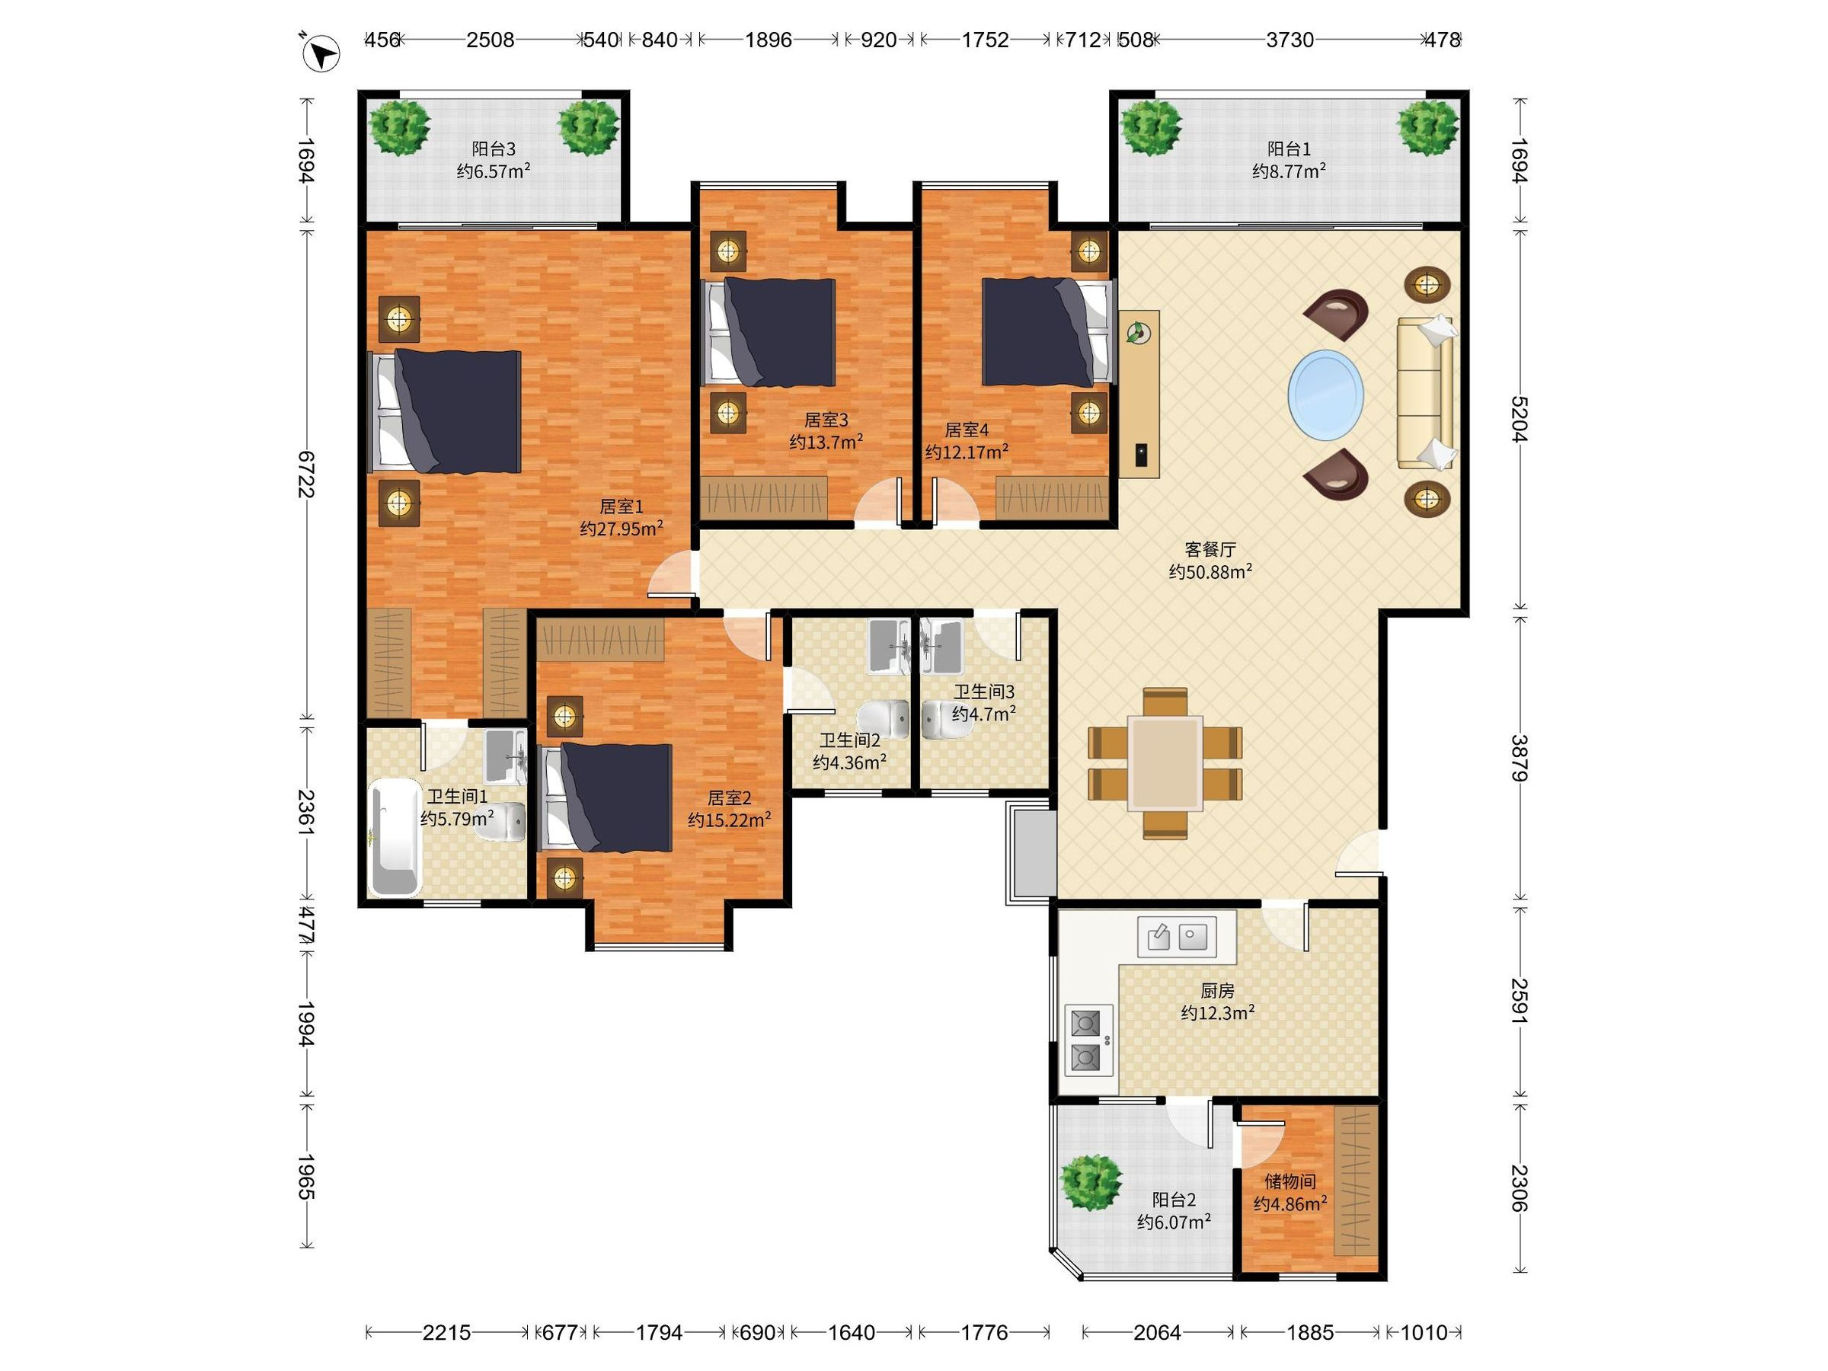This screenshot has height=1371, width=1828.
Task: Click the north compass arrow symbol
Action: click(x=321, y=55)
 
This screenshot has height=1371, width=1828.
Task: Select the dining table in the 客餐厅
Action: click(x=1165, y=762)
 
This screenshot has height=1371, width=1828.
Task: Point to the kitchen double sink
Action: click(x=1176, y=936)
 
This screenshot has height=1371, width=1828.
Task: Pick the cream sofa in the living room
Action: click(x=1426, y=392)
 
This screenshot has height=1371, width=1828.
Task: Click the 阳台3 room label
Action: click(x=494, y=149)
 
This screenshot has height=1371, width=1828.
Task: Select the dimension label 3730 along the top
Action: click(x=1290, y=40)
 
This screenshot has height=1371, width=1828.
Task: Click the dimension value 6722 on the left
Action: click(x=305, y=474)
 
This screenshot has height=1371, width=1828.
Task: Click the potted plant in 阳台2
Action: click(x=1091, y=1182)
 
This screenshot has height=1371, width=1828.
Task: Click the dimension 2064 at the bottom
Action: click(x=1157, y=1332)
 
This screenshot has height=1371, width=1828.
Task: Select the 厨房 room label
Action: click(x=1217, y=990)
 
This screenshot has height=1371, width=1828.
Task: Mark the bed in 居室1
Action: click(x=445, y=411)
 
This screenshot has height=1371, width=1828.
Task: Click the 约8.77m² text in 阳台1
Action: click(x=1290, y=171)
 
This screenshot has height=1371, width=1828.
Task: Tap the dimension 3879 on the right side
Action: click(x=1519, y=758)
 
